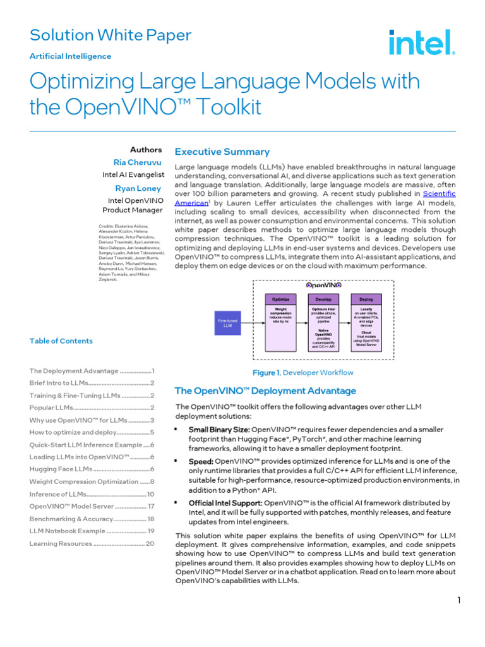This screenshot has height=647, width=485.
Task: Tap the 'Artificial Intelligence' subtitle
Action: click(x=70, y=56)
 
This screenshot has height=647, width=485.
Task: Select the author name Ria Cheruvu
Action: click(x=138, y=162)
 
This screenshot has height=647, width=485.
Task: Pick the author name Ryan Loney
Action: click(x=138, y=188)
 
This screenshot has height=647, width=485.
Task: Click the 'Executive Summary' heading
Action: click(x=222, y=152)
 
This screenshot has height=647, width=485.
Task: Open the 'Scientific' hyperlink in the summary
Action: click(x=439, y=193)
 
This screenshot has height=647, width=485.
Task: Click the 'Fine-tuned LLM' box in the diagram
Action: click(x=229, y=324)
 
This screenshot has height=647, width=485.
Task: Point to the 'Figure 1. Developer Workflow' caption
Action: click(x=302, y=373)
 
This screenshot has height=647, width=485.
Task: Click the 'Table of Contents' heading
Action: click(x=61, y=341)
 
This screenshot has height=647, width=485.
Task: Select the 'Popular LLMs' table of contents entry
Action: click(x=92, y=408)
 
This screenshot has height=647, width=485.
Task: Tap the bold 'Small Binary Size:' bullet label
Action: click(x=219, y=430)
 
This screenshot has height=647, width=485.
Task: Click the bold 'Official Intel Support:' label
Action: click(x=225, y=503)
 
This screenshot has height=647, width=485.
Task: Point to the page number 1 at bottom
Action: click(x=460, y=600)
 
